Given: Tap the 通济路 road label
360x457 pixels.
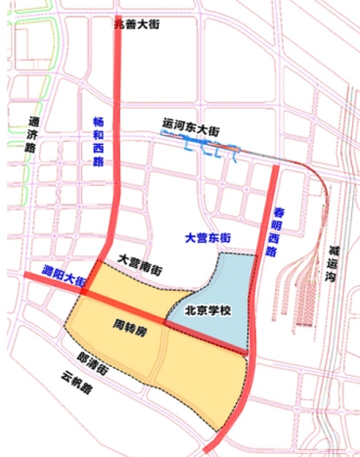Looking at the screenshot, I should [21, 137].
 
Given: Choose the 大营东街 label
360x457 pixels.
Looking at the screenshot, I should [207, 238].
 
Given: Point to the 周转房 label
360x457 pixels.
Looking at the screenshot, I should [130, 324].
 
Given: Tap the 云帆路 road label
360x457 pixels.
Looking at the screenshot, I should [74, 381].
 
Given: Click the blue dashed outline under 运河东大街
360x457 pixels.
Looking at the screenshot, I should [209, 150].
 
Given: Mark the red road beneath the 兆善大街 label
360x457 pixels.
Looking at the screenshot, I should [117, 98].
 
